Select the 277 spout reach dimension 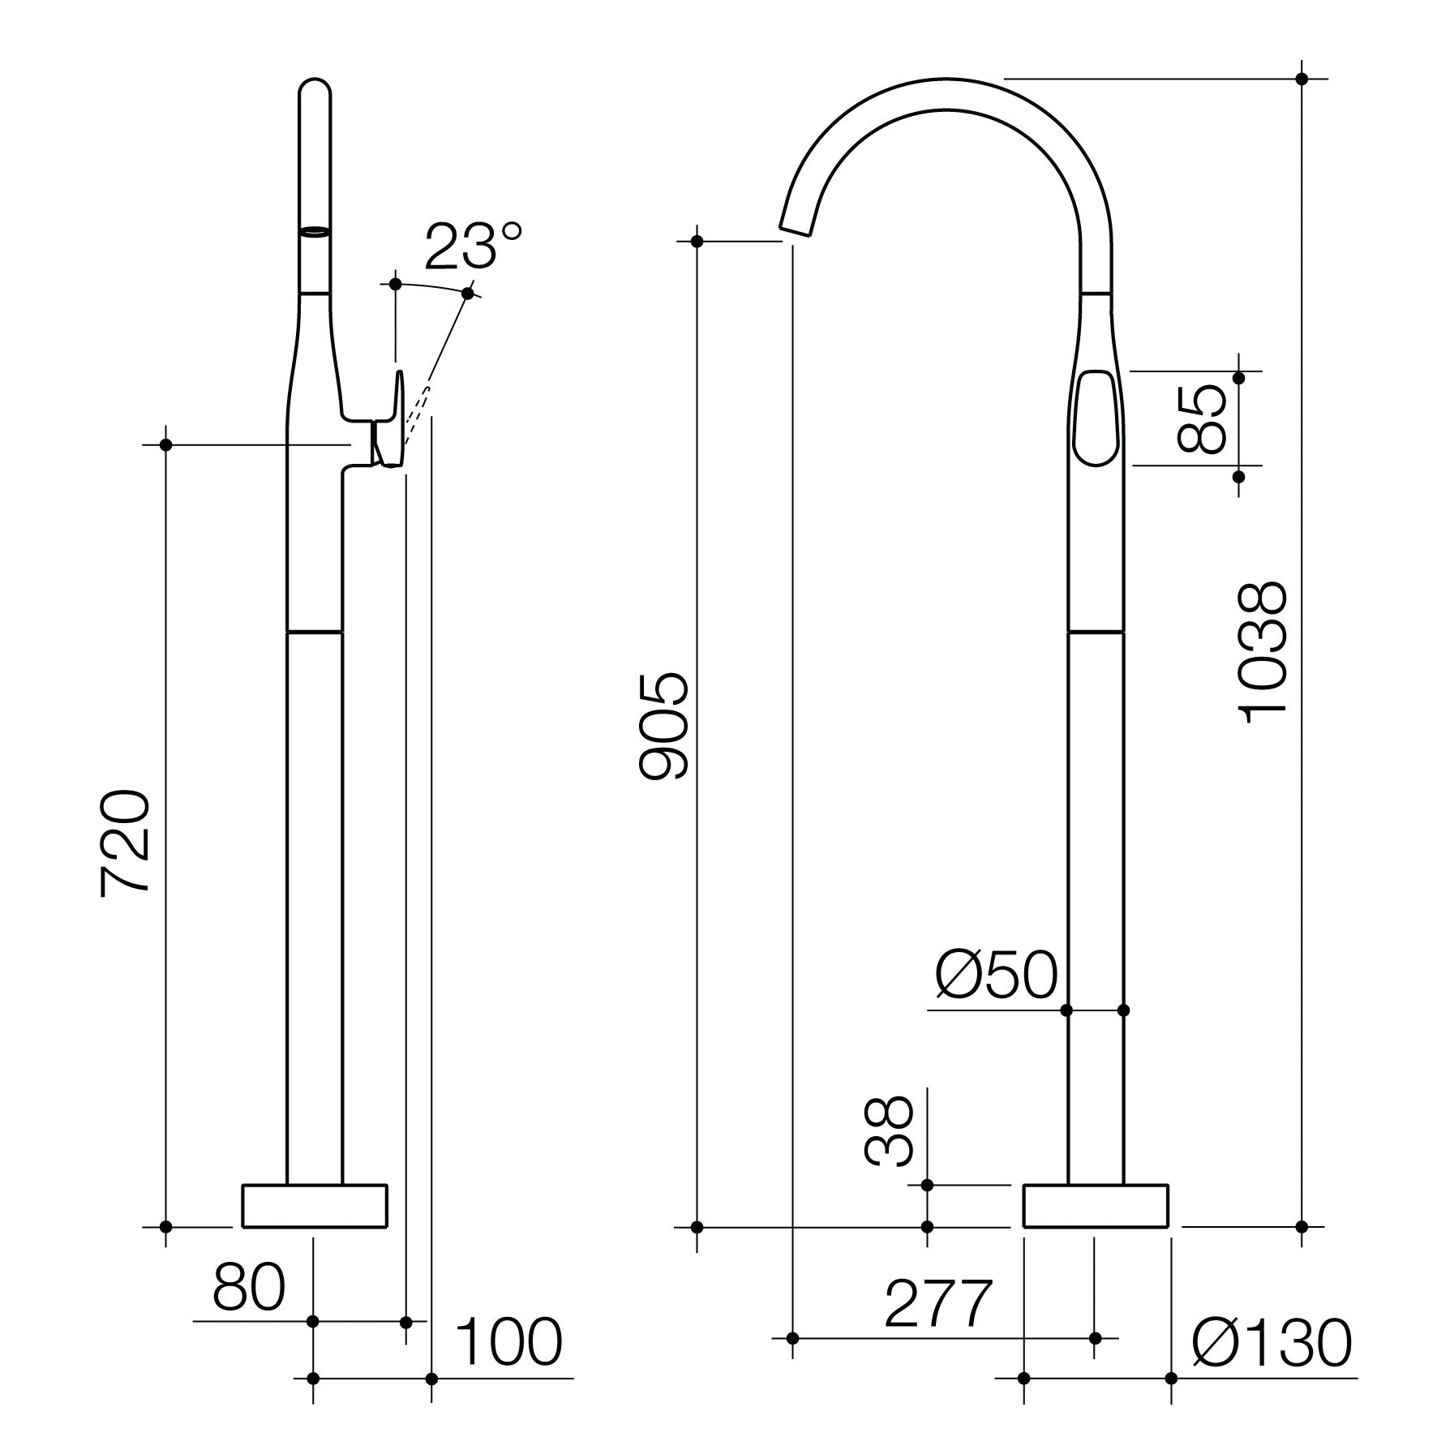pyautogui.click(x=938, y=1303)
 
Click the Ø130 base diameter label pyautogui.click(x=1272, y=1343)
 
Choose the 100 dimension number pyautogui.click(x=508, y=1341)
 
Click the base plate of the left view pyautogui.click(x=315, y=1205)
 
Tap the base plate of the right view pyautogui.click(x=1096, y=1205)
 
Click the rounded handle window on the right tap pyautogui.click(x=1096, y=418)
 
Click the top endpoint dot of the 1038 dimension pyautogui.click(x=1302, y=79)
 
